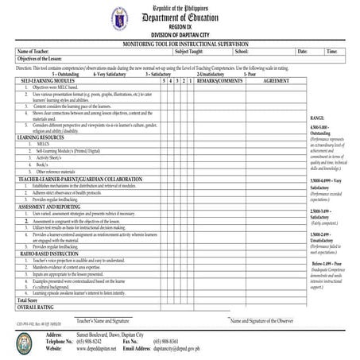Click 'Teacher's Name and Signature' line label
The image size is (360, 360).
click(x=103, y=319)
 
